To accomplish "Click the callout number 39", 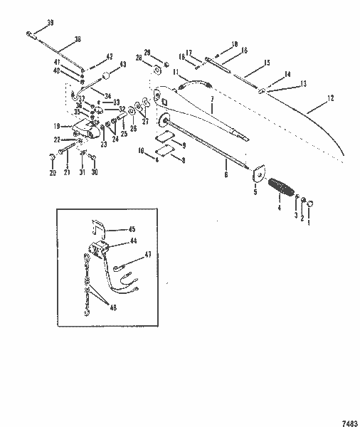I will point(50,24).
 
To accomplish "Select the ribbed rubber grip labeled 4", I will point(285,192).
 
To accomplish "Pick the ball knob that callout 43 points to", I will point(105,75).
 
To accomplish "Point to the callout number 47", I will point(148,253).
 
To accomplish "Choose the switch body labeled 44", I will point(98,251).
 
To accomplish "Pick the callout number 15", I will point(268,63).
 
